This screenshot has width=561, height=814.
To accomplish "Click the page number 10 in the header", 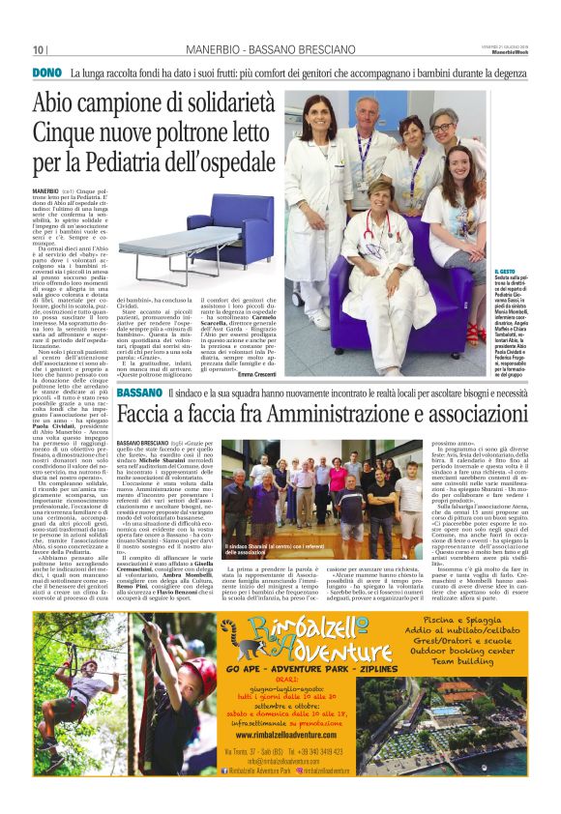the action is [x=39, y=50].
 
